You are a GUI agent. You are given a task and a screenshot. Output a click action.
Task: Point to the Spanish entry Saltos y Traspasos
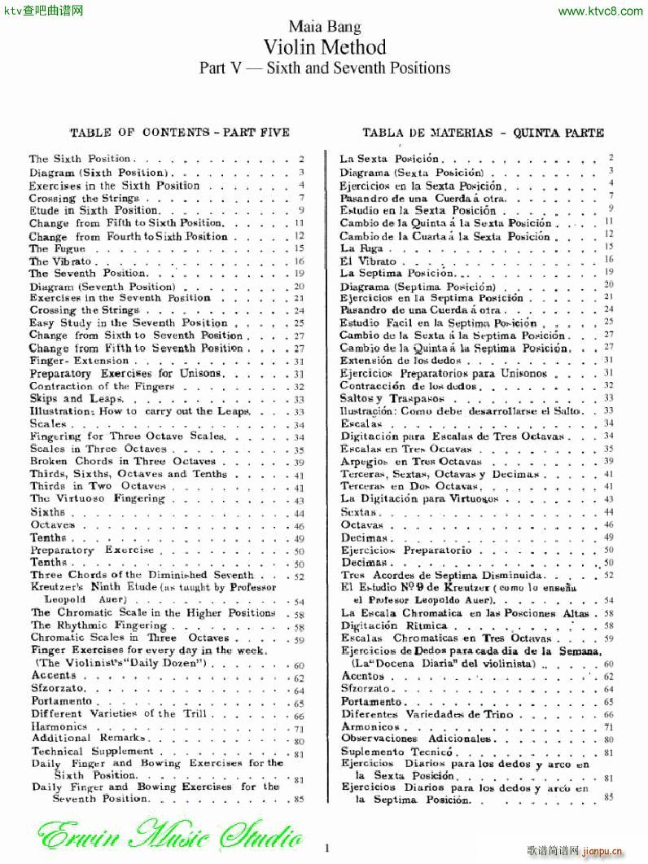point(392,398)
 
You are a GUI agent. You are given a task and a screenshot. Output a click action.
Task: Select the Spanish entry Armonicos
point(370,726)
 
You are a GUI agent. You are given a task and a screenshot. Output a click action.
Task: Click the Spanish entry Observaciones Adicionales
point(416,739)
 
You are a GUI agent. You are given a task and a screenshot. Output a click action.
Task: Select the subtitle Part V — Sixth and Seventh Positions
point(325,68)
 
